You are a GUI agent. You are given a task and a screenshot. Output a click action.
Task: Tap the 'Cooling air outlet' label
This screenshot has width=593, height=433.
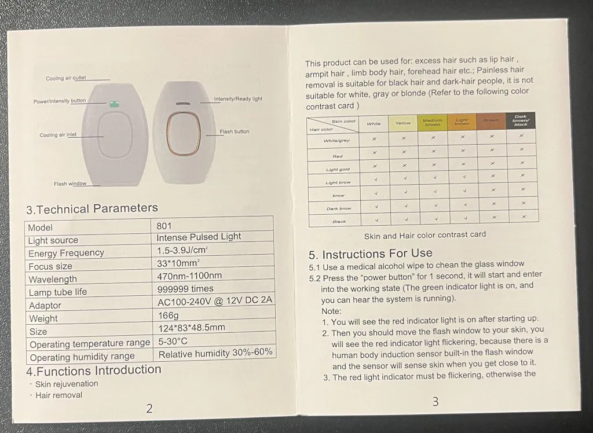click(66, 78)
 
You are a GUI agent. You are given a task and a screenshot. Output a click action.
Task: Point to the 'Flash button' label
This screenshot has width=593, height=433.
click(235, 131)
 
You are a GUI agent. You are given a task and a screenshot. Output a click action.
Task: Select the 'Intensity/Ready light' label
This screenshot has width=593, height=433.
click(238, 99)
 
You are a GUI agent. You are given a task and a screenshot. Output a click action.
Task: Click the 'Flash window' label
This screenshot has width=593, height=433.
click(70, 184)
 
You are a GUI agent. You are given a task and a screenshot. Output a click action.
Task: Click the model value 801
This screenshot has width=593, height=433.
click(164, 226)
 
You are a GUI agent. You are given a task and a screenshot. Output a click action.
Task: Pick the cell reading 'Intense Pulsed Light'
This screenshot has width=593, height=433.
click(199, 237)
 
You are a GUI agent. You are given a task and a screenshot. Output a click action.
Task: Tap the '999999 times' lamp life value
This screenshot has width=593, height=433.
click(185, 288)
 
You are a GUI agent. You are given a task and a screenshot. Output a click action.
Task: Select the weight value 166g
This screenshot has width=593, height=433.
click(169, 315)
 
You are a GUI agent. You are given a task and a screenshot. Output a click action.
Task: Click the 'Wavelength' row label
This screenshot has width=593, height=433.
click(53, 279)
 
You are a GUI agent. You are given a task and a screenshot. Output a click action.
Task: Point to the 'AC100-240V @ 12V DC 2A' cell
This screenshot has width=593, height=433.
click(215, 300)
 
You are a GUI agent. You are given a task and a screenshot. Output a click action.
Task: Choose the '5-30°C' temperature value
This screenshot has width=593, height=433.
click(173, 341)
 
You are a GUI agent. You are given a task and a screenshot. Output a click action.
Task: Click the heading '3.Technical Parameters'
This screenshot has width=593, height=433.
click(92, 208)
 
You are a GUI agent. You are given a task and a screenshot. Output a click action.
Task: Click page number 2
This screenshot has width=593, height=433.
click(149, 409)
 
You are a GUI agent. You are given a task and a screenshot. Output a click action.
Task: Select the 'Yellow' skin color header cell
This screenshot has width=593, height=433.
click(403, 123)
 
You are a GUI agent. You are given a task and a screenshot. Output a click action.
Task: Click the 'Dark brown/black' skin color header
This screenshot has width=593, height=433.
click(521, 120)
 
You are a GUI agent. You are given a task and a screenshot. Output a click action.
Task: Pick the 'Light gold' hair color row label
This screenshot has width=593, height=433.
click(338, 170)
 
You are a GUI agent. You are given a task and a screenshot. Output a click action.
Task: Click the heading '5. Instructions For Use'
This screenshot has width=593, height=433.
click(370, 254)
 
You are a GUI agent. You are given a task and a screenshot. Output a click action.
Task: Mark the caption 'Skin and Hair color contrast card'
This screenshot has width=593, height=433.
click(425, 235)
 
